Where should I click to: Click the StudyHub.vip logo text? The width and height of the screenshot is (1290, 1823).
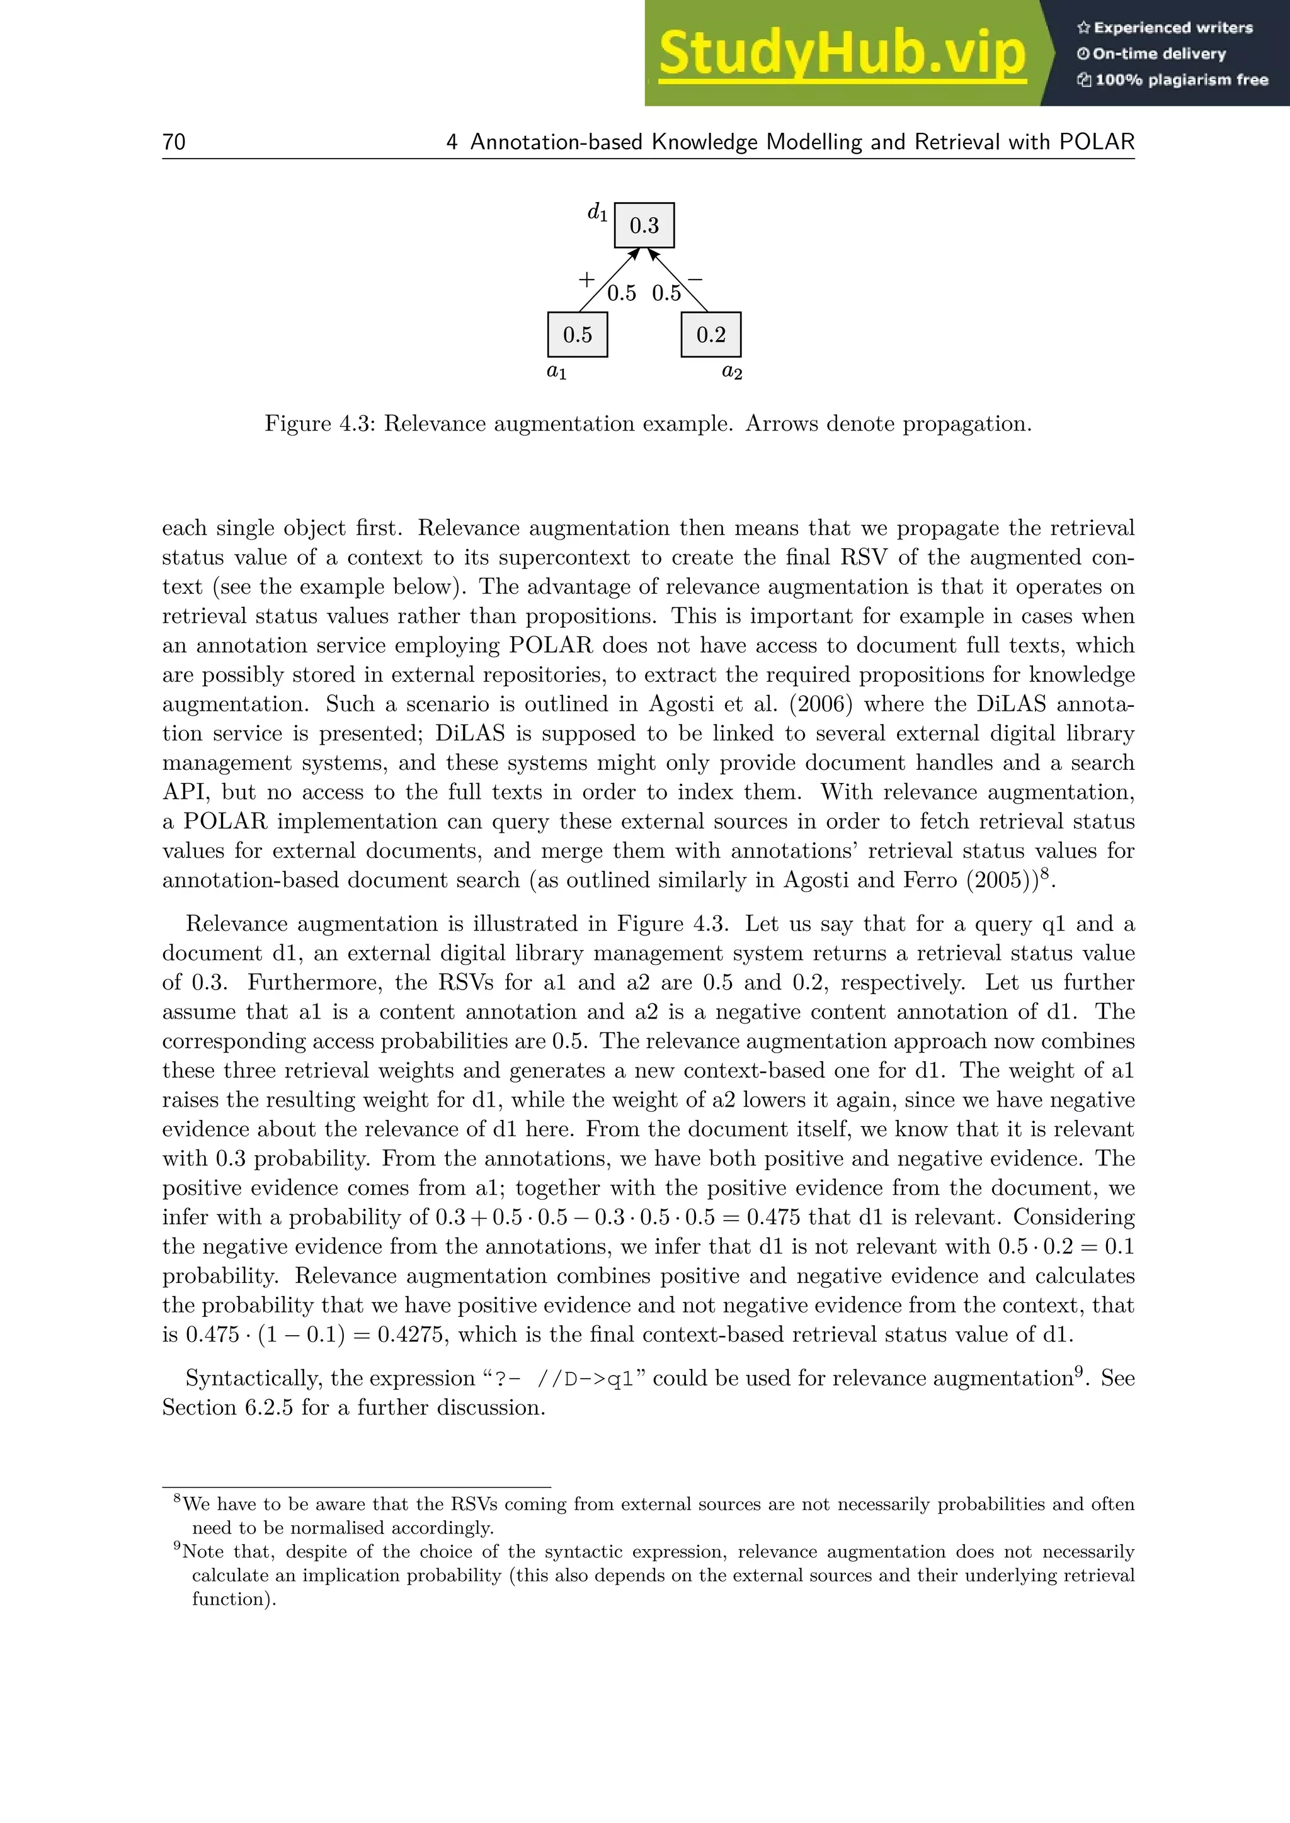click(842, 54)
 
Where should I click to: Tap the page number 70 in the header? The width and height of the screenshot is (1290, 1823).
click(174, 142)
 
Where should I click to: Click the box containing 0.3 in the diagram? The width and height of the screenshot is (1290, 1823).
click(644, 225)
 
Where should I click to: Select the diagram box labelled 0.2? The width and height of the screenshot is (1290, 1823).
click(711, 335)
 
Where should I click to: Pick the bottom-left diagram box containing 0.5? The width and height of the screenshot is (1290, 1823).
click(578, 335)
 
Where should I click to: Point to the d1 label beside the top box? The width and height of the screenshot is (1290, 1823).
click(597, 212)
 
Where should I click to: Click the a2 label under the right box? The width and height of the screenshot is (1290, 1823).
click(731, 371)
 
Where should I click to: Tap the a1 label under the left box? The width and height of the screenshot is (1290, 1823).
click(557, 371)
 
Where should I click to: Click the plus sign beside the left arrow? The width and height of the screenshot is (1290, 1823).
click(586, 279)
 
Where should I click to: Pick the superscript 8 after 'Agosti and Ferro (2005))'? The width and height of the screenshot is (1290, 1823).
click(1046, 873)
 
